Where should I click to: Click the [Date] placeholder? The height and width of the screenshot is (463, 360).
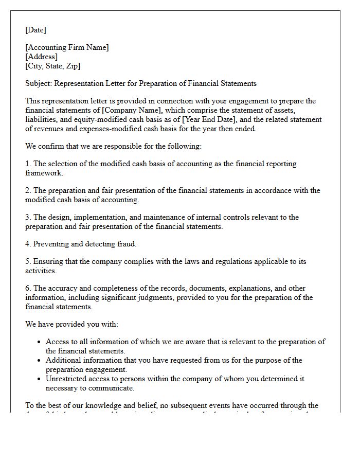pyautogui.click(x=35, y=30)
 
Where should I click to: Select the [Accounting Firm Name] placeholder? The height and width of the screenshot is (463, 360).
pyautogui.click(x=67, y=47)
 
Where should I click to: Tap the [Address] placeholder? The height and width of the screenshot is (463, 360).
pyautogui.click(x=41, y=57)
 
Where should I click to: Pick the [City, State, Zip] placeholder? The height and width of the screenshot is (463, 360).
pyautogui.click(x=52, y=66)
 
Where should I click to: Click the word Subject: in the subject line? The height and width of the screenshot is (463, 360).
pyautogui.click(x=39, y=83)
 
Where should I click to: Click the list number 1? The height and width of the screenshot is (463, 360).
pyautogui.click(x=28, y=164)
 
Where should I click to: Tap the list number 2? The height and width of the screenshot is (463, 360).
pyautogui.click(x=28, y=190)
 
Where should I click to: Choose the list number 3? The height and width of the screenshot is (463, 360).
pyautogui.click(x=28, y=217)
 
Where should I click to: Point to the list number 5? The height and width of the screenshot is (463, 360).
pyautogui.click(x=28, y=261)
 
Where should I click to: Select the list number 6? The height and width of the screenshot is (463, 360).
pyautogui.click(x=28, y=288)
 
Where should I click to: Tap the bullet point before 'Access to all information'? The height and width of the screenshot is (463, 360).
pyautogui.click(x=39, y=342)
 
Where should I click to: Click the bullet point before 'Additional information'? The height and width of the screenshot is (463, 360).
pyautogui.click(x=39, y=361)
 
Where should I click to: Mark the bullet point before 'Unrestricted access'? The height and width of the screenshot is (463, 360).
pyautogui.click(x=39, y=379)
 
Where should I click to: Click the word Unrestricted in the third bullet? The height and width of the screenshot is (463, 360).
pyautogui.click(x=66, y=379)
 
